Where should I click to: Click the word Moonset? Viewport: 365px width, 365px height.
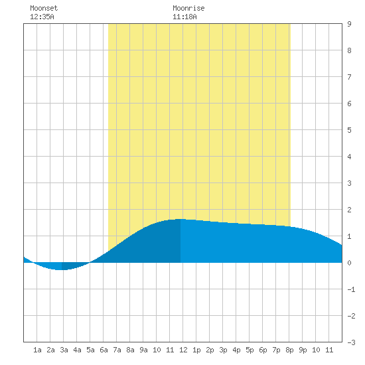pos(44,8)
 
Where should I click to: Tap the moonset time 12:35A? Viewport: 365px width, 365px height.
pos(42,17)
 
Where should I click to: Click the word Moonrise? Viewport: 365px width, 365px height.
pos(188,8)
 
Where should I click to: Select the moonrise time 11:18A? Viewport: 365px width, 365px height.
pos(184,17)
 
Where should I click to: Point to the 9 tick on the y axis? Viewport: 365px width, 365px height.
pos(349,24)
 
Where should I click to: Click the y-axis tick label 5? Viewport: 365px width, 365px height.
pos(349,130)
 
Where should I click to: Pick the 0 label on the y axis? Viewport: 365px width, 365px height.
pos(349,263)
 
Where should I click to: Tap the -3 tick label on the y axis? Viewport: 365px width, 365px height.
pos(351,342)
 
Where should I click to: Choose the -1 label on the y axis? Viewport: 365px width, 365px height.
pos(351,289)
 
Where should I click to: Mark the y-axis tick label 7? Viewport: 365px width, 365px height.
pos(349,77)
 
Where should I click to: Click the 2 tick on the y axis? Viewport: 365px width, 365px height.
pos(349,210)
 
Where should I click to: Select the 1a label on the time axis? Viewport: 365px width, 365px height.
pos(37,350)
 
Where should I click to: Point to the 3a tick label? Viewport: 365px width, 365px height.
pos(64,350)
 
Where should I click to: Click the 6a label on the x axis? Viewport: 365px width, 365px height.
pos(104,350)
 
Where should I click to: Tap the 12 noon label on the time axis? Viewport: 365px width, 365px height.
pos(183,350)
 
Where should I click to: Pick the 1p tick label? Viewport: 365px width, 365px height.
pos(196,350)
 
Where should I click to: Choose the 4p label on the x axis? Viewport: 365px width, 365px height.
pos(236,350)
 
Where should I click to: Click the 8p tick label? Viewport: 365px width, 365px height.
pos(289,350)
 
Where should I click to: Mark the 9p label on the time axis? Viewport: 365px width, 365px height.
pos(303,350)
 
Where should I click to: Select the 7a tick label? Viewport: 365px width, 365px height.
pos(117,350)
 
